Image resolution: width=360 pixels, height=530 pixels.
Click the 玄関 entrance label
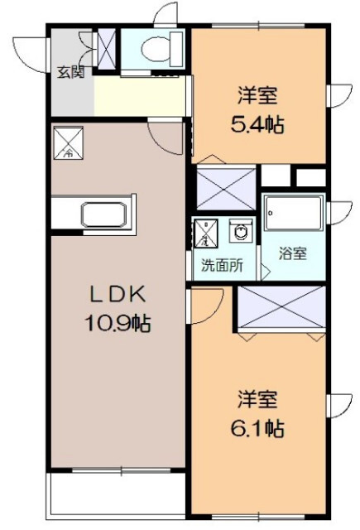tap(70, 71)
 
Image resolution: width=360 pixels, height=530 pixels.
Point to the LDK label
tap(118, 294)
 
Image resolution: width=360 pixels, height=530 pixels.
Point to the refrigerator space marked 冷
tap(68, 142)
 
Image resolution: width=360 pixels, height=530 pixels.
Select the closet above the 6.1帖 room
tap(280, 308)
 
